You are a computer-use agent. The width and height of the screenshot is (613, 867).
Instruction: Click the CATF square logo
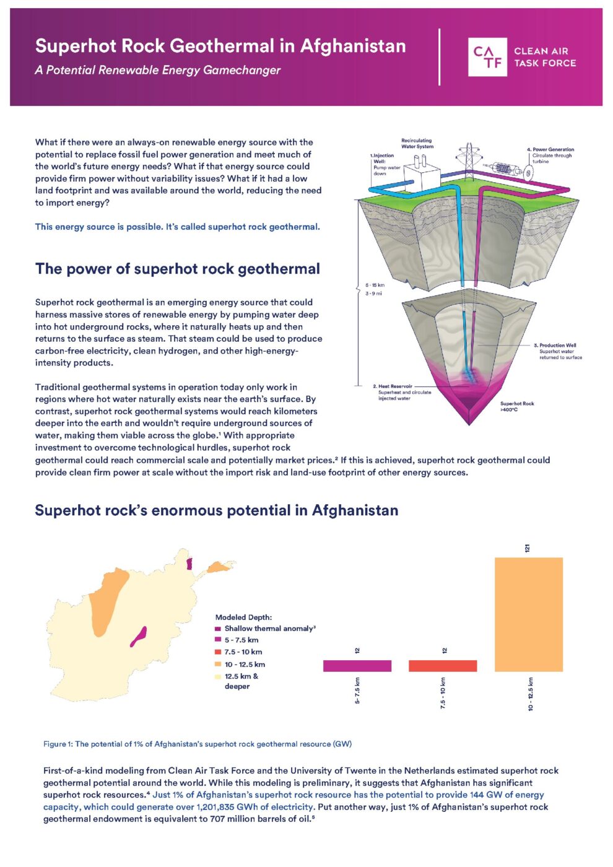(487, 57)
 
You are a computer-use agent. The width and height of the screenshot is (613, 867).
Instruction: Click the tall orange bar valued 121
(528, 614)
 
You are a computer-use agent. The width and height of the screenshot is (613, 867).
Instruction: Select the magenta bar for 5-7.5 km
(357, 666)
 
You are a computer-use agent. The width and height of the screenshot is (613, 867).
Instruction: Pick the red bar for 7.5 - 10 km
(442, 666)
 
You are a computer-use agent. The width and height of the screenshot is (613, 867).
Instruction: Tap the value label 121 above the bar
(528, 548)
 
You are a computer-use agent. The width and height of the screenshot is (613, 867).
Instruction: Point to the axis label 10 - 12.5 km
(531, 694)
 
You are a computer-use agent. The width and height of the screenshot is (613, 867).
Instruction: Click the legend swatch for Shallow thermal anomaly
(218, 629)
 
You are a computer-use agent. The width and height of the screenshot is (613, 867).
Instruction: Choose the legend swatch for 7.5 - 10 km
(218, 652)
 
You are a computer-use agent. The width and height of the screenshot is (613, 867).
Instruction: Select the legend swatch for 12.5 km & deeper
(218, 676)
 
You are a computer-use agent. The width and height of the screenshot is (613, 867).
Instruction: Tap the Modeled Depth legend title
(243, 617)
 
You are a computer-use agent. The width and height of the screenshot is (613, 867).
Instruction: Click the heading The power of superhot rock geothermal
(178, 269)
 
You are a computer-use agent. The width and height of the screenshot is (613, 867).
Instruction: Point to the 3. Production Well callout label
(557, 345)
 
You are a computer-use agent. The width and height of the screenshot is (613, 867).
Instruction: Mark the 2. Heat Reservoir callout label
(393, 386)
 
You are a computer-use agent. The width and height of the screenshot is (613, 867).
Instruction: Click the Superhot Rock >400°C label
(517, 406)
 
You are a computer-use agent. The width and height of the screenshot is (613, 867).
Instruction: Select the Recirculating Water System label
(417, 144)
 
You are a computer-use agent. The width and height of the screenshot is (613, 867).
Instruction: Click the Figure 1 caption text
(198, 744)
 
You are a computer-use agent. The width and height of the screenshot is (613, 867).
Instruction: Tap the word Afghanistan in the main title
(353, 46)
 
